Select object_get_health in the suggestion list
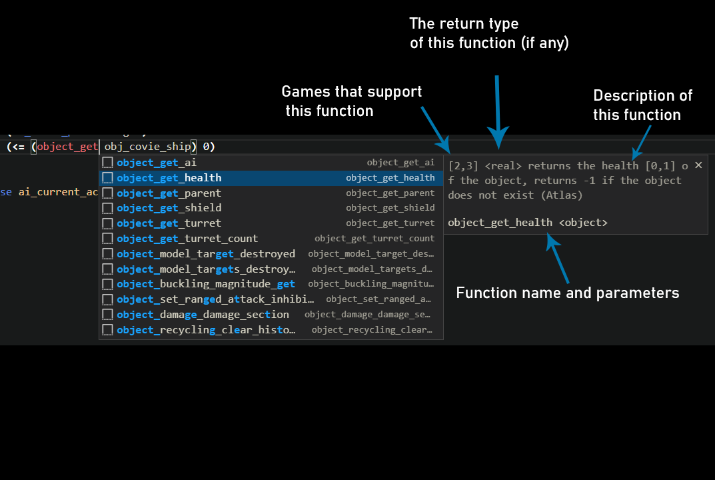169,178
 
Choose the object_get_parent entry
169,193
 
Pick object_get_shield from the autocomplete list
169,208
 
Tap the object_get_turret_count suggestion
187,239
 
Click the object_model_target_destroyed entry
206,254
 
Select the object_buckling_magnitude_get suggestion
206,284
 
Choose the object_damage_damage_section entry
203,315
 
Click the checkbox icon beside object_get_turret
107,223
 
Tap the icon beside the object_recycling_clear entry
107,330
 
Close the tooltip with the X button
698,165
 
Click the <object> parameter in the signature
582,223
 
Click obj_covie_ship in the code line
147,147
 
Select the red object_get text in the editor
67,147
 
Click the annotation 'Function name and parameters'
567,293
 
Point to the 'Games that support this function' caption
352,101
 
